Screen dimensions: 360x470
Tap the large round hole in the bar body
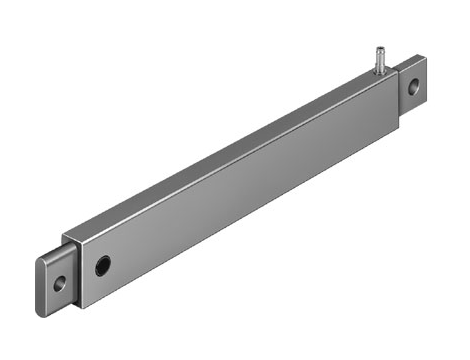pos(102,266)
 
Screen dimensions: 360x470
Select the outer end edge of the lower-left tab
pos(41,283)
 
